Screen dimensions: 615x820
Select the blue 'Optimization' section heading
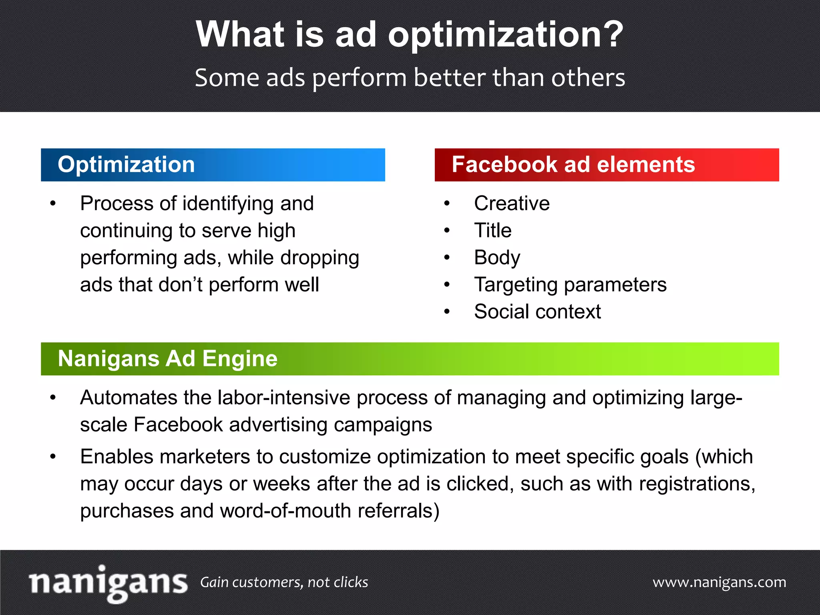tap(126, 165)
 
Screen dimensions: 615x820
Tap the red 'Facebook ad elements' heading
tap(573, 165)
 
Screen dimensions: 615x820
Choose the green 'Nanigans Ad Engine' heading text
tap(167, 358)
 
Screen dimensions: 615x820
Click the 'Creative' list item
tap(511, 203)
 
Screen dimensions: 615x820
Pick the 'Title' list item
tap(492, 231)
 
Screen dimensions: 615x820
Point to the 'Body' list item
tap(497, 257)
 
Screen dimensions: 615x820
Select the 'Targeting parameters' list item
tap(570, 285)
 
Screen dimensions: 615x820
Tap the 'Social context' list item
tap(537, 312)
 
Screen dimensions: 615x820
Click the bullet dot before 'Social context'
tap(447, 312)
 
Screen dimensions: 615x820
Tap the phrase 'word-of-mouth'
tap(285, 511)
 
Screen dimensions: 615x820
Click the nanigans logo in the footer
tap(108, 583)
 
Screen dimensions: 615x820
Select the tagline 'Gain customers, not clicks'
tap(284, 582)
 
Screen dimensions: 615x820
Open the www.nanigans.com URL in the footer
tap(719, 582)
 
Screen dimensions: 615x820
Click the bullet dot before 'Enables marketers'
tap(53, 457)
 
